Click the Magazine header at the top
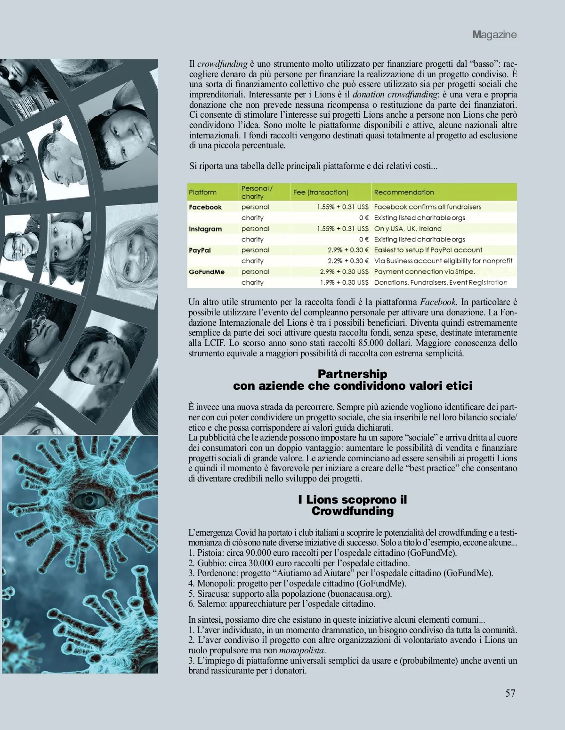(x=494, y=34)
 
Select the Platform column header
(x=202, y=192)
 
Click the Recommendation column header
(x=404, y=192)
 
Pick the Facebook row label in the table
(x=205, y=207)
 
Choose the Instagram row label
(x=205, y=229)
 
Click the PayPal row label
(x=200, y=250)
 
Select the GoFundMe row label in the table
(x=206, y=272)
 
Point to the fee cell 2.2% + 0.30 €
(x=348, y=261)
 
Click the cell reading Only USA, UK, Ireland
(x=408, y=229)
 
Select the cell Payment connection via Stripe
(x=424, y=272)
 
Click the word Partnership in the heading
(x=352, y=374)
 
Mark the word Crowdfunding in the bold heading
(x=352, y=511)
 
